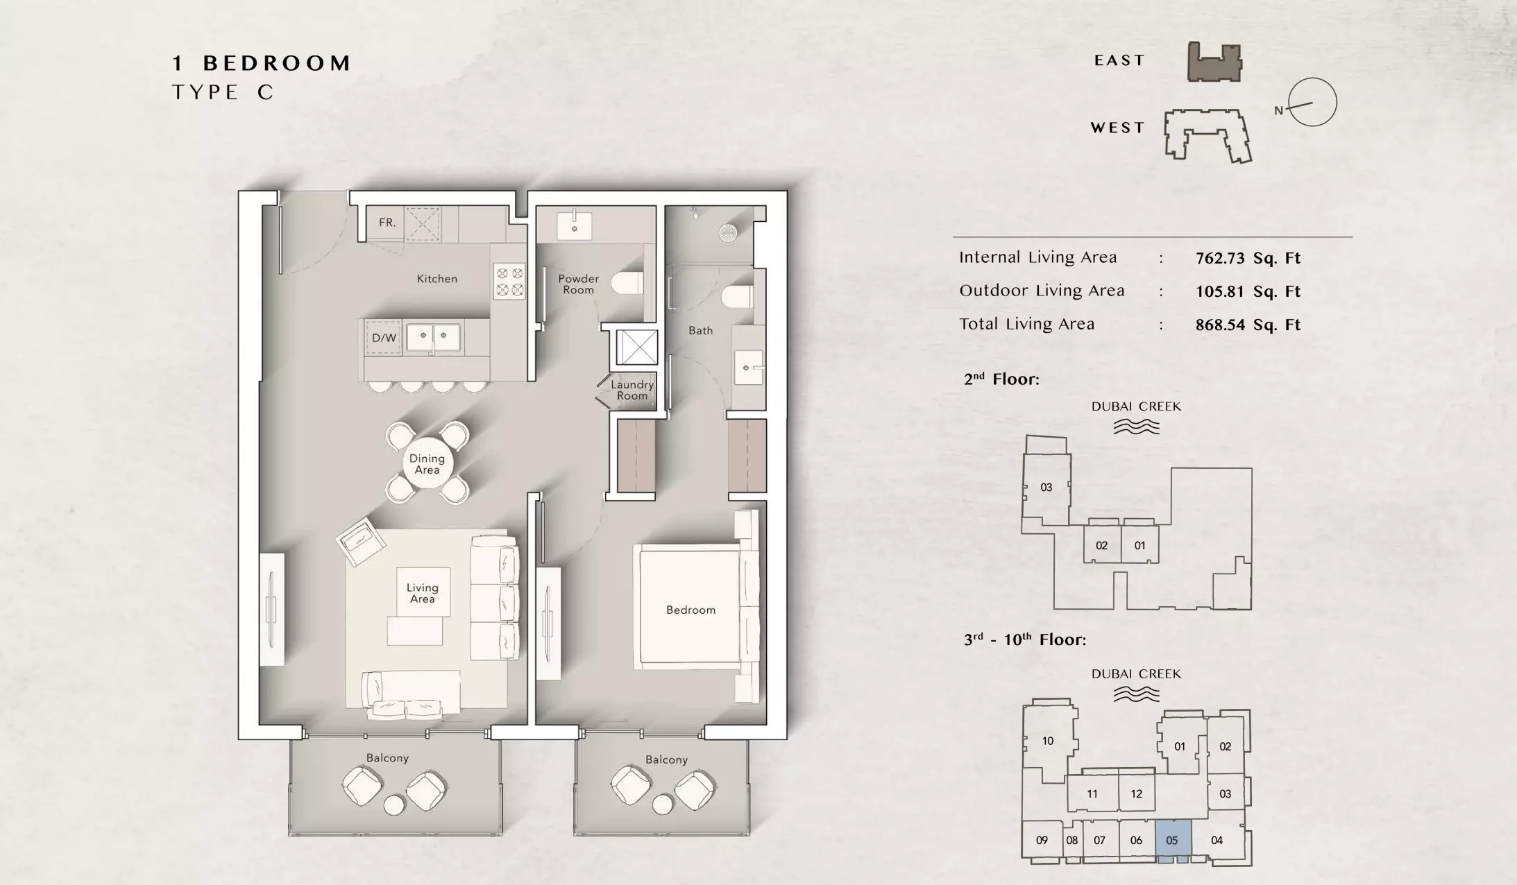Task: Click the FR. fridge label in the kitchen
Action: [x=387, y=223]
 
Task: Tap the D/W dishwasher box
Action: [x=384, y=338]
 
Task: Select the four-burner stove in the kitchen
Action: [x=510, y=281]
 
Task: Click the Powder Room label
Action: [x=579, y=284]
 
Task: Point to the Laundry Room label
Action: [x=632, y=390]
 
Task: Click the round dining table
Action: [x=427, y=463]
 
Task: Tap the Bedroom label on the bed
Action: [x=690, y=610]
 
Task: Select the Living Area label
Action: [x=422, y=593]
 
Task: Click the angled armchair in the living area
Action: [x=361, y=542]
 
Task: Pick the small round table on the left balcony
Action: [x=394, y=805]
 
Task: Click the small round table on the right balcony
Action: [x=662, y=804]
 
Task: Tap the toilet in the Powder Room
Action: [x=630, y=284]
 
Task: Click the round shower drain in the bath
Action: [x=728, y=233]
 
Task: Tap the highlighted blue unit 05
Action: [x=1173, y=840]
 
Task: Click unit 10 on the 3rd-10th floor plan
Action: [x=1048, y=741]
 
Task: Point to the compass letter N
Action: [x=1279, y=110]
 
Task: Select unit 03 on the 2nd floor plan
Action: [x=1046, y=488]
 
